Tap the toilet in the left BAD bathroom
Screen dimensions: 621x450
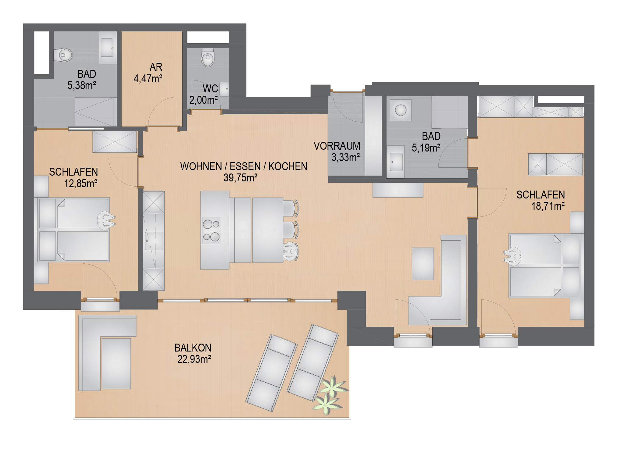point(63,55)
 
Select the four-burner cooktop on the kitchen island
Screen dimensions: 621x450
point(211,230)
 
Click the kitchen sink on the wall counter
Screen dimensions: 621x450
point(154,241)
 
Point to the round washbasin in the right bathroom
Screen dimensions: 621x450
point(401,110)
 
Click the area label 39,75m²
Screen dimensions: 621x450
point(240,178)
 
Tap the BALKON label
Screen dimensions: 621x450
point(193,348)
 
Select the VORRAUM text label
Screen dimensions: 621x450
point(337,146)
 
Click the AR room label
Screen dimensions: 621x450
point(156,67)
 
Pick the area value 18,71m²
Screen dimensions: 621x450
point(548,206)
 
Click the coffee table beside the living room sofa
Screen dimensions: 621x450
point(423,264)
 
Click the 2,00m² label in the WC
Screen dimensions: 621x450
point(203,100)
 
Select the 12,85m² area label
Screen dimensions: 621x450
point(80,184)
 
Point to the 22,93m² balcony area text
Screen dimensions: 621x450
point(194,359)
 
